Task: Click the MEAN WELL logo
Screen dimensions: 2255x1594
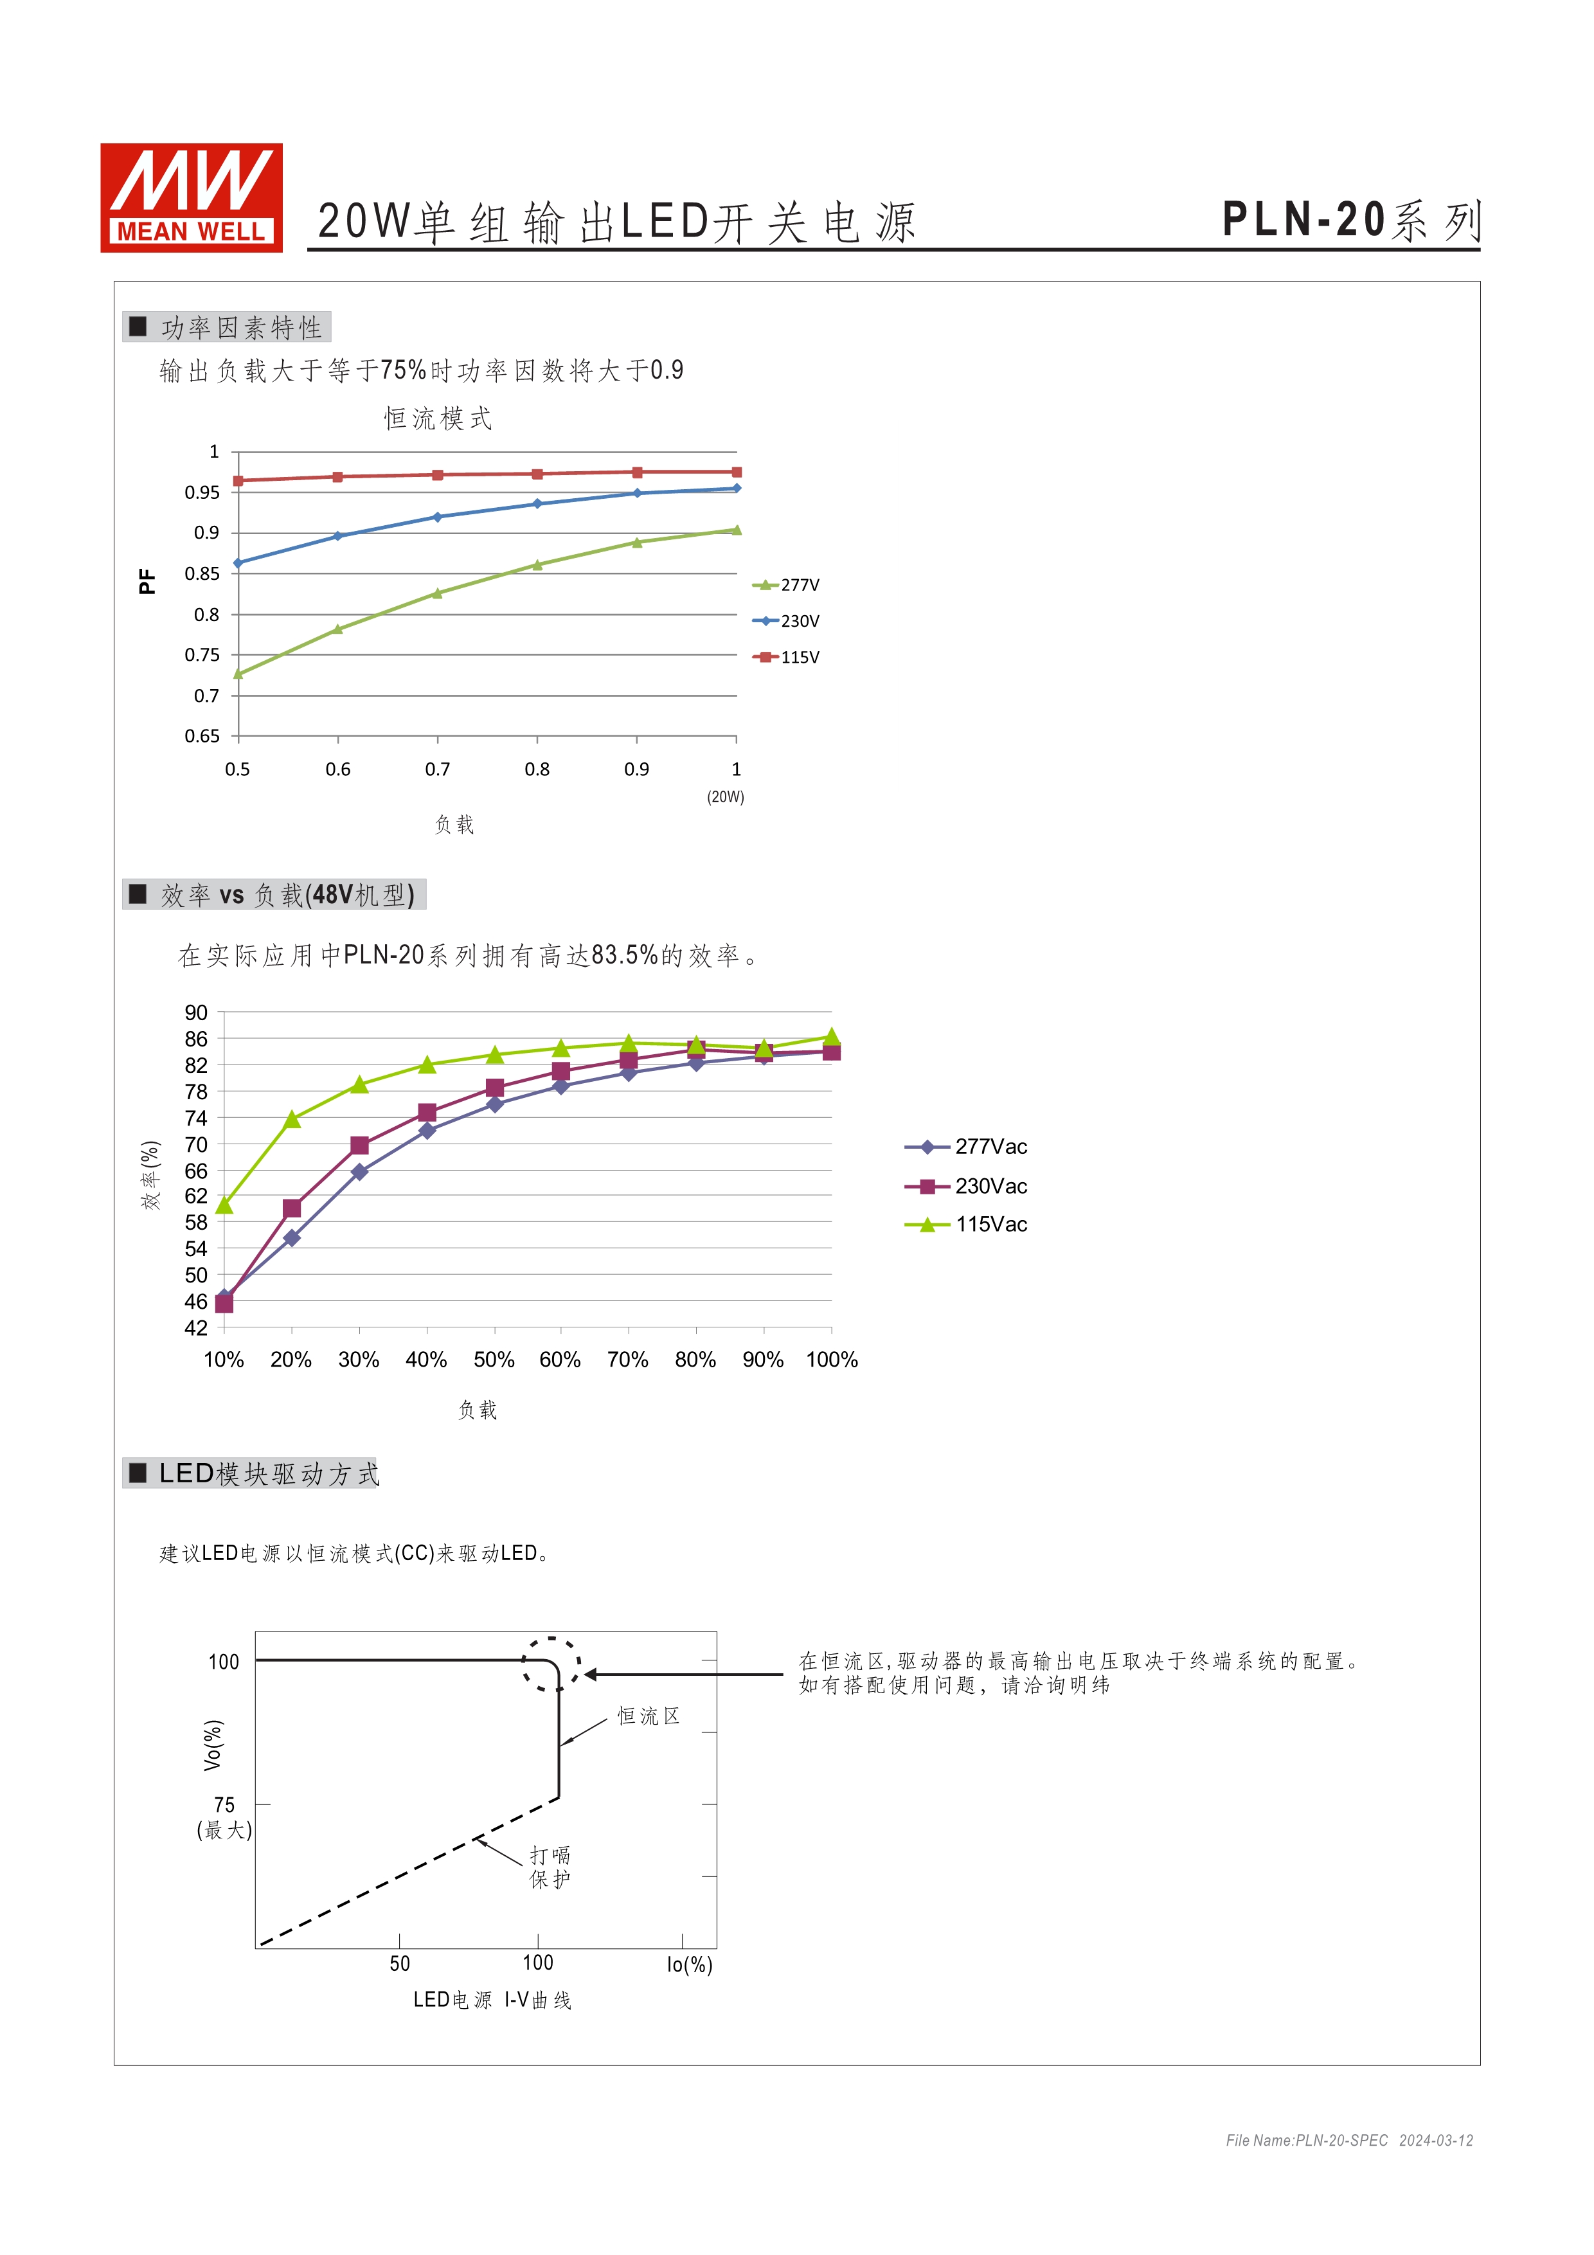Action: (x=192, y=197)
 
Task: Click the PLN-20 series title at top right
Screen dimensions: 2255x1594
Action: (x=1350, y=220)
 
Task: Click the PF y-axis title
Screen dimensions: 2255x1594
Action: (x=147, y=582)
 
